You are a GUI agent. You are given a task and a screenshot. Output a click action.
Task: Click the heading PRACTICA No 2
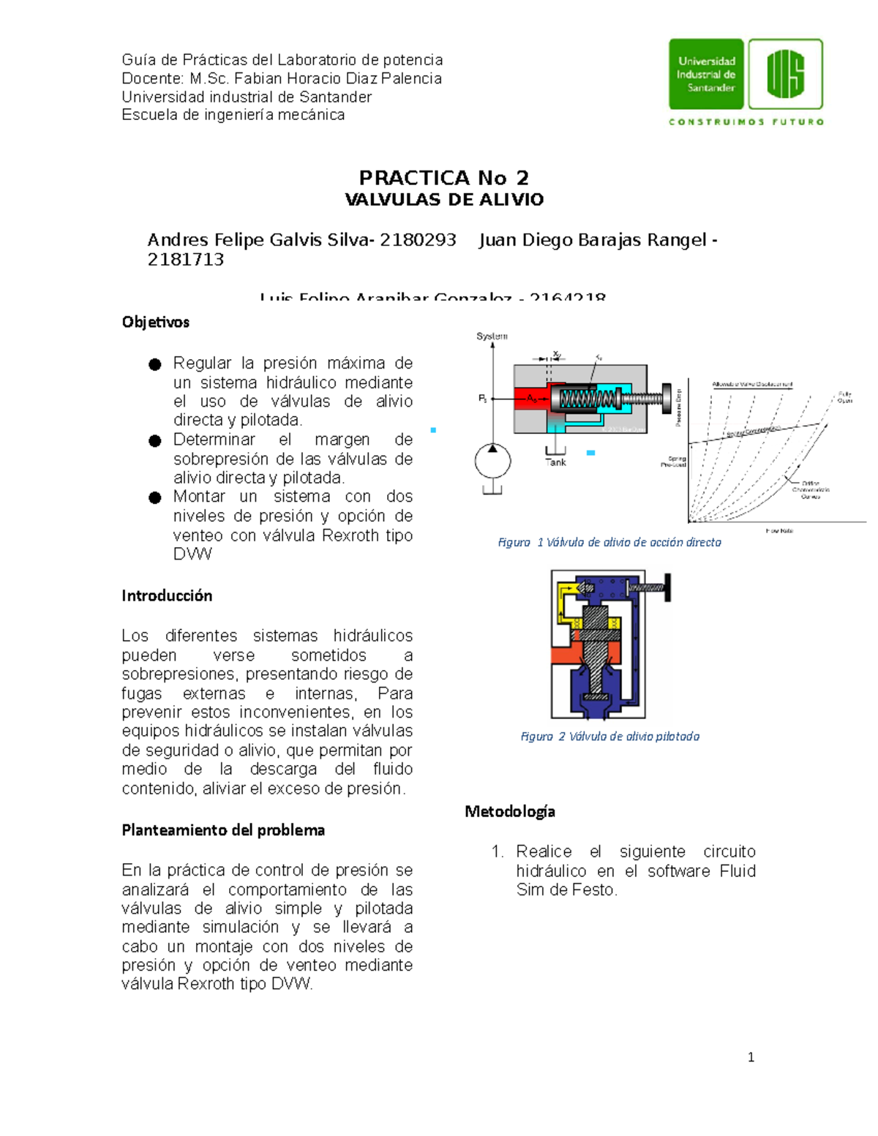[x=443, y=178]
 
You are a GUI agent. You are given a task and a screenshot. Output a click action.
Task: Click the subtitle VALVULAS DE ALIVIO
[x=443, y=200]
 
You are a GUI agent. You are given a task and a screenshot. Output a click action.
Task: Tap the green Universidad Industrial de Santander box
[x=706, y=75]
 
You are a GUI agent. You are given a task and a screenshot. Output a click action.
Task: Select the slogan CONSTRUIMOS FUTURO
[x=746, y=122]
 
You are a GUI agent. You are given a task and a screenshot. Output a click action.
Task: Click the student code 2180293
[x=418, y=240]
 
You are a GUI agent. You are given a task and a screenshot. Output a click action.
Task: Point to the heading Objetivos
[x=156, y=322]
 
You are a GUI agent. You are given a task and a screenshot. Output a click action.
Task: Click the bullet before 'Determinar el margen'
[x=154, y=440]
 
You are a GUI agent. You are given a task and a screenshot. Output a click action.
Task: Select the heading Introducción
[x=167, y=595]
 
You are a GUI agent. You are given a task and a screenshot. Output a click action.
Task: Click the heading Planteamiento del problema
[x=223, y=830]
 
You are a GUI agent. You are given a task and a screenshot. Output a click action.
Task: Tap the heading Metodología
[x=510, y=811]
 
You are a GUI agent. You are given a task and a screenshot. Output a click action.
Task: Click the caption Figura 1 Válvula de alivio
[x=609, y=542]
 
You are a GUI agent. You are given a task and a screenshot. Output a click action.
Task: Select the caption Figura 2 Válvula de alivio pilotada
[x=609, y=737]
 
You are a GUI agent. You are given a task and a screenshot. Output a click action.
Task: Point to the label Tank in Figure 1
[x=555, y=462]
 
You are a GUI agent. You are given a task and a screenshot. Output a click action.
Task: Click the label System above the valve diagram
[x=492, y=336]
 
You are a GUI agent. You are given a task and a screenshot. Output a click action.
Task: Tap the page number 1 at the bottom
[x=751, y=1057]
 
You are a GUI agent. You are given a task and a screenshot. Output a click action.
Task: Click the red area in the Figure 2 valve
[x=566, y=653]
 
